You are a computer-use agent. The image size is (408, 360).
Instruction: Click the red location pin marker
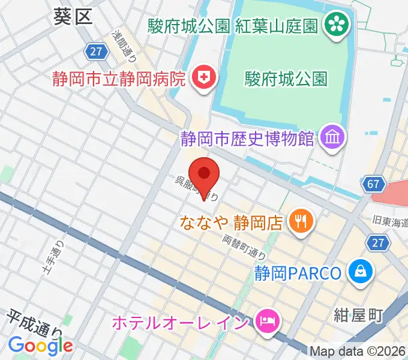(204, 174)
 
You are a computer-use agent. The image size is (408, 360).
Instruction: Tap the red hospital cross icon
(203, 77)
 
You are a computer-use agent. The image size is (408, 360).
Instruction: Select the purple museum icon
(332, 139)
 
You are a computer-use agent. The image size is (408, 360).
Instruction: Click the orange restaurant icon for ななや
(298, 223)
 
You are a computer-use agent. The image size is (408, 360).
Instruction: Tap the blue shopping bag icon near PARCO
(361, 273)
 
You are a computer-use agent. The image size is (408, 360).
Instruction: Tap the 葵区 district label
(73, 16)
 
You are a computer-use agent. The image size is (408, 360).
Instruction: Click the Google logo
(40, 345)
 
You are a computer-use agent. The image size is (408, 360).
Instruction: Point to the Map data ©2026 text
(358, 351)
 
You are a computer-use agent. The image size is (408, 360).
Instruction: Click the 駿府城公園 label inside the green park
(286, 79)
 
